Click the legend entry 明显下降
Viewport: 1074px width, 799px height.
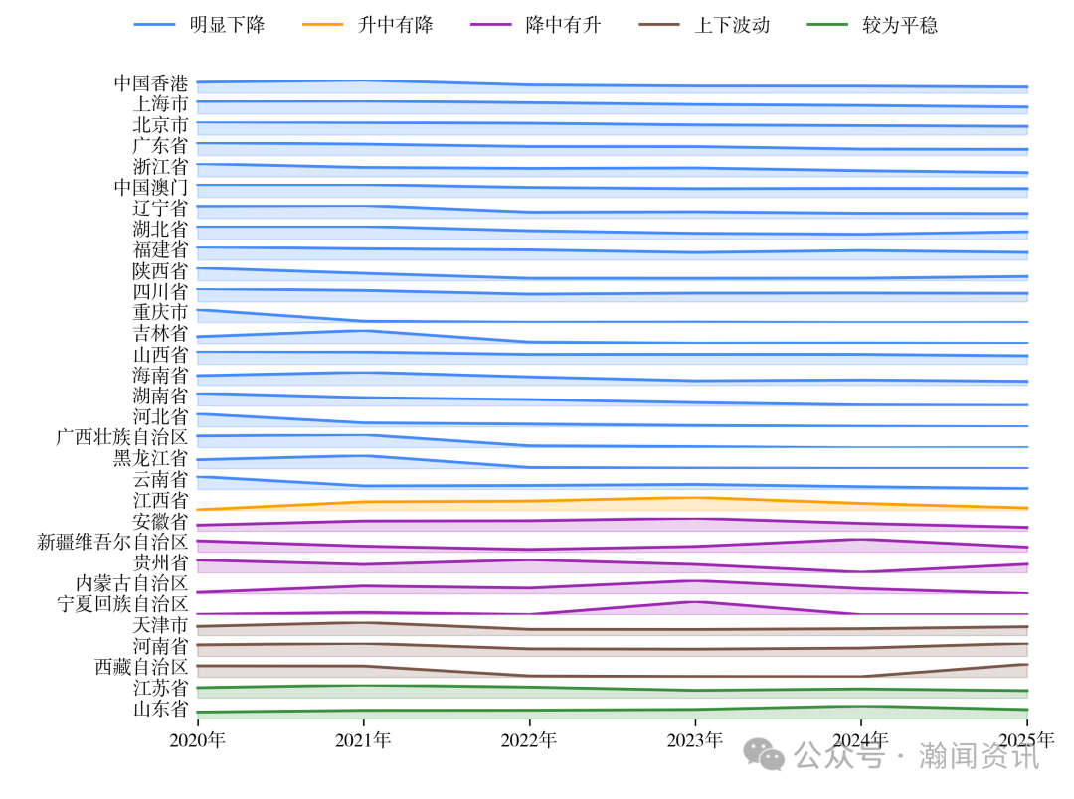227,25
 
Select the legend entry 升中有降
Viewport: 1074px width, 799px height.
395,25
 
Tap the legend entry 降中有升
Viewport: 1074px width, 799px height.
563,25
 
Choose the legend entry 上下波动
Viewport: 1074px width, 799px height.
731,25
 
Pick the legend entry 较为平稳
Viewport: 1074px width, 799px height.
899,25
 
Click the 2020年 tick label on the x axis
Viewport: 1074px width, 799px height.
197,740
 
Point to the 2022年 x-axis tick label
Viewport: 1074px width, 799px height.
529,740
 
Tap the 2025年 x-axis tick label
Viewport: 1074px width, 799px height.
1026,740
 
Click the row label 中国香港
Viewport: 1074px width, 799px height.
150,83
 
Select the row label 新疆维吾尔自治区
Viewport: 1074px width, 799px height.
112,542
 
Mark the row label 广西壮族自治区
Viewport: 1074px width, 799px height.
122,437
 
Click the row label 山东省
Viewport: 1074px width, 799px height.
160,709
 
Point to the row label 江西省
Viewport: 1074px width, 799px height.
160,500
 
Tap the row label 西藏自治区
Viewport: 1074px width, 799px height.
141,667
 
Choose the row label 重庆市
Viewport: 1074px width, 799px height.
160,312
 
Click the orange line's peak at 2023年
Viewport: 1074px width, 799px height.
695,497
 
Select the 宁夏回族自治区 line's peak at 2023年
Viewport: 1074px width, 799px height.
695,602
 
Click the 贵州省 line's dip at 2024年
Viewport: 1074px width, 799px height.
861,571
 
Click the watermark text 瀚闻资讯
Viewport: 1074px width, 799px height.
979,756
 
